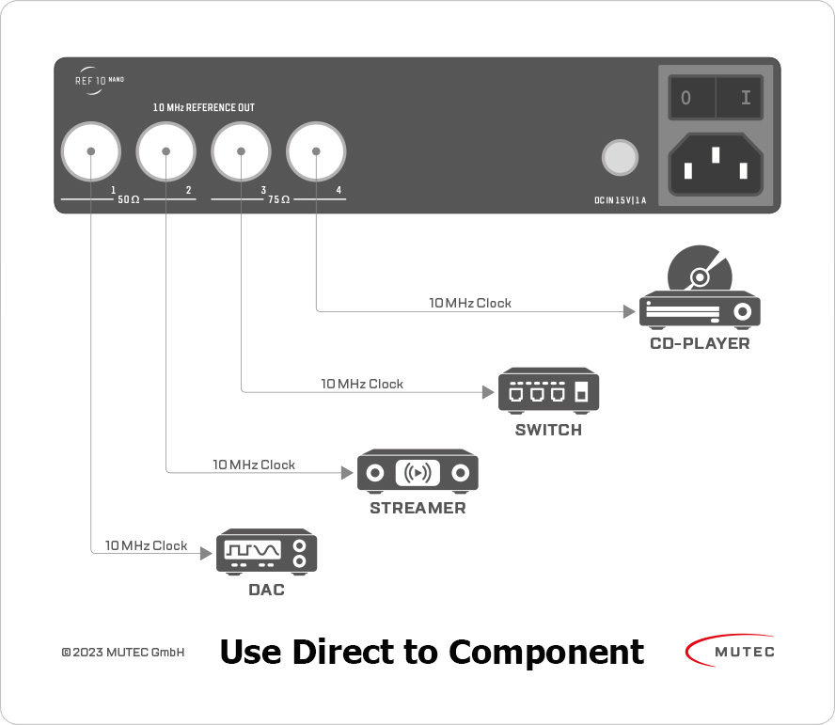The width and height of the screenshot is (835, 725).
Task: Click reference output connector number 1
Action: (x=90, y=152)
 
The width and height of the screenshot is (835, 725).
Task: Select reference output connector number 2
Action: (x=165, y=152)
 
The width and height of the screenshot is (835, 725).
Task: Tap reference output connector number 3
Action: (x=241, y=152)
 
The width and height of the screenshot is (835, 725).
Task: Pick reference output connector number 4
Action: (x=316, y=152)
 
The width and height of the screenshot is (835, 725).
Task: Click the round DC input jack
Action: (x=619, y=157)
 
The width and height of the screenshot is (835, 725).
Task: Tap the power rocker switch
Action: (x=716, y=97)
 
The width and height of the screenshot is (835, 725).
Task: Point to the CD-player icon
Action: (x=701, y=292)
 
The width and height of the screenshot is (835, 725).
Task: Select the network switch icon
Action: (x=548, y=390)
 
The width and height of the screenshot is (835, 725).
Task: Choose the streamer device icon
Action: (x=417, y=471)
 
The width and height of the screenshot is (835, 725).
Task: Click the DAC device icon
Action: (x=267, y=552)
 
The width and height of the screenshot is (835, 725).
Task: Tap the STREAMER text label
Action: (x=417, y=509)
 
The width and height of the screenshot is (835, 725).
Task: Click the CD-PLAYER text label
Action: (x=701, y=344)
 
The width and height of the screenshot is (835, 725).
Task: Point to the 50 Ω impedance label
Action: (x=129, y=200)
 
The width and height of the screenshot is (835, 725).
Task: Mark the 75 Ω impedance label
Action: (x=278, y=200)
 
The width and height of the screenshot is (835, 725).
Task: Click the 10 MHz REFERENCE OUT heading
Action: (x=204, y=108)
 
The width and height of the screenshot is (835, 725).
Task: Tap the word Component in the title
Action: (x=546, y=651)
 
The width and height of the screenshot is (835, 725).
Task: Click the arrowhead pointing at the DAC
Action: (x=209, y=554)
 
